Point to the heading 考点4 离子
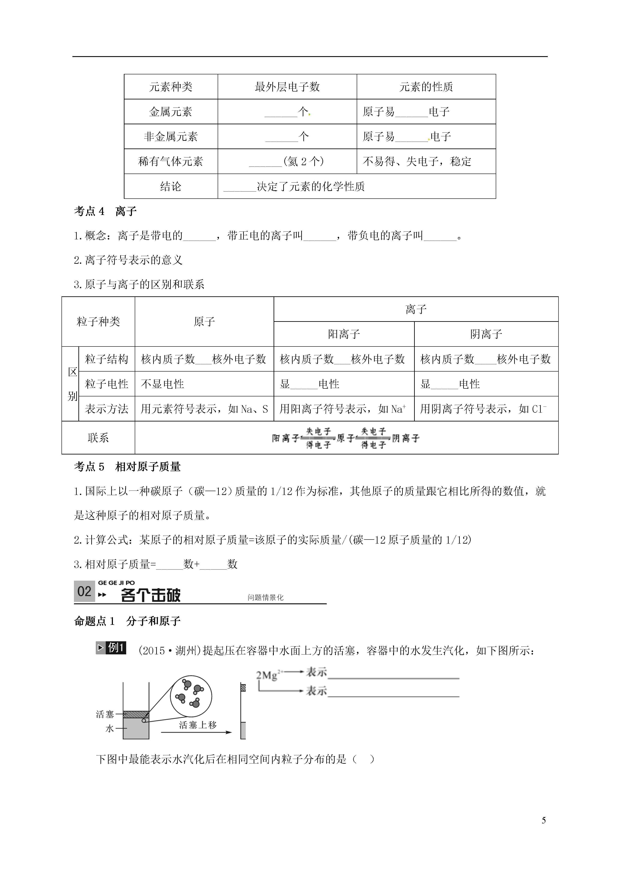click(105, 211)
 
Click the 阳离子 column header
click(344, 334)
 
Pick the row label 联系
click(98, 438)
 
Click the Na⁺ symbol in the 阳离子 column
click(398, 409)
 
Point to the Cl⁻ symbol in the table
click(539, 409)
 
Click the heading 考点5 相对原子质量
click(127, 467)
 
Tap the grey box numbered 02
click(84, 592)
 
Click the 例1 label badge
click(111, 648)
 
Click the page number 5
click(544, 831)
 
